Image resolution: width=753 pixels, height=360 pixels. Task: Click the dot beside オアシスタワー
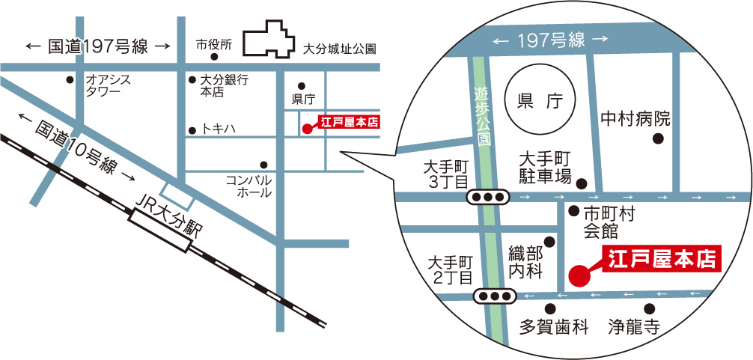(70, 79)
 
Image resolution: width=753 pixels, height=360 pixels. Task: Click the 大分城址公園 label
(339, 49)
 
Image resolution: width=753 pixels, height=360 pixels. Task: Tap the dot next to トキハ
(192, 129)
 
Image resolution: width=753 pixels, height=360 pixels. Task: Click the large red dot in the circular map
(579, 275)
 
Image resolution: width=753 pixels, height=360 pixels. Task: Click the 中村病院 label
(635, 119)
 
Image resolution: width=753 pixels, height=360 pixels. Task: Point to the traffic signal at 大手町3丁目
(487, 197)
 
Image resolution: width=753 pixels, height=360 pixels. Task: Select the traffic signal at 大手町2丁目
(495, 297)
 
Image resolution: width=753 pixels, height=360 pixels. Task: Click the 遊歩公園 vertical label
(484, 117)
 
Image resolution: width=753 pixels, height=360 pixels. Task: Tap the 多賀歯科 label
(555, 327)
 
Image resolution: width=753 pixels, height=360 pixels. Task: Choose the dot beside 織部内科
(550, 242)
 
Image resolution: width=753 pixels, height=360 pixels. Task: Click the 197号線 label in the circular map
(550, 40)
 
